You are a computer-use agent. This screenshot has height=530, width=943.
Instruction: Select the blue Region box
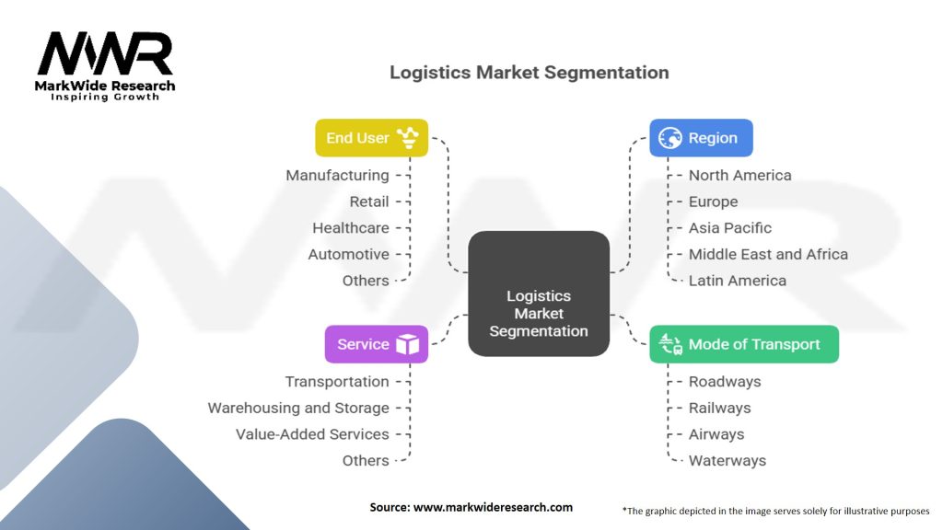click(x=701, y=138)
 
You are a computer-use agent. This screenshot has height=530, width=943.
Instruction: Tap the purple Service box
click(x=376, y=344)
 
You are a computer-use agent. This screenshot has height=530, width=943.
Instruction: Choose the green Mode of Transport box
click(x=744, y=344)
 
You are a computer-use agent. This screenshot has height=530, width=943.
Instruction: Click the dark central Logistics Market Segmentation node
click(x=539, y=294)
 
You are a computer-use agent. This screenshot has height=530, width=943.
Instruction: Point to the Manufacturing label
click(x=337, y=175)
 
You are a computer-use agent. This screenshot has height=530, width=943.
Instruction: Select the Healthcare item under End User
click(x=350, y=227)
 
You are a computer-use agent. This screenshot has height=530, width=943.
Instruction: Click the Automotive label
click(x=348, y=254)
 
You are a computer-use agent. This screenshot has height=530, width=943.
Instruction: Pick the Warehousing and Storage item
click(x=298, y=408)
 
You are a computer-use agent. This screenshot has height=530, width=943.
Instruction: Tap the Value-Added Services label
click(x=312, y=434)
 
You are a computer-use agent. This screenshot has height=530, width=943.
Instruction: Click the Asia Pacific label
click(x=730, y=227)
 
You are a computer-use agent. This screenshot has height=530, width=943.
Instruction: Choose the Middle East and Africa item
click(x=768, y=254)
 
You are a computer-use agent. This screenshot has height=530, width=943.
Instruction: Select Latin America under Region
click(x=738, y=281)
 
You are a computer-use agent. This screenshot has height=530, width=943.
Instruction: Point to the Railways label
click(x=719, y=408)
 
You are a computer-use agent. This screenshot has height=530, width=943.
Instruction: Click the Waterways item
click(x=727, y=460)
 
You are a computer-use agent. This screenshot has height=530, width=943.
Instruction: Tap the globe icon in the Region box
click(x=671, y=138)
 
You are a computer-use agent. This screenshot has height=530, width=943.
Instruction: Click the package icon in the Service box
click(x=407, y=344)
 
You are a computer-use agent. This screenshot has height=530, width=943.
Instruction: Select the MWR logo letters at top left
click(x=105, y=55)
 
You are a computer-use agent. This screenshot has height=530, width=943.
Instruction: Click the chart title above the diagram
click(x=529, y=72)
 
